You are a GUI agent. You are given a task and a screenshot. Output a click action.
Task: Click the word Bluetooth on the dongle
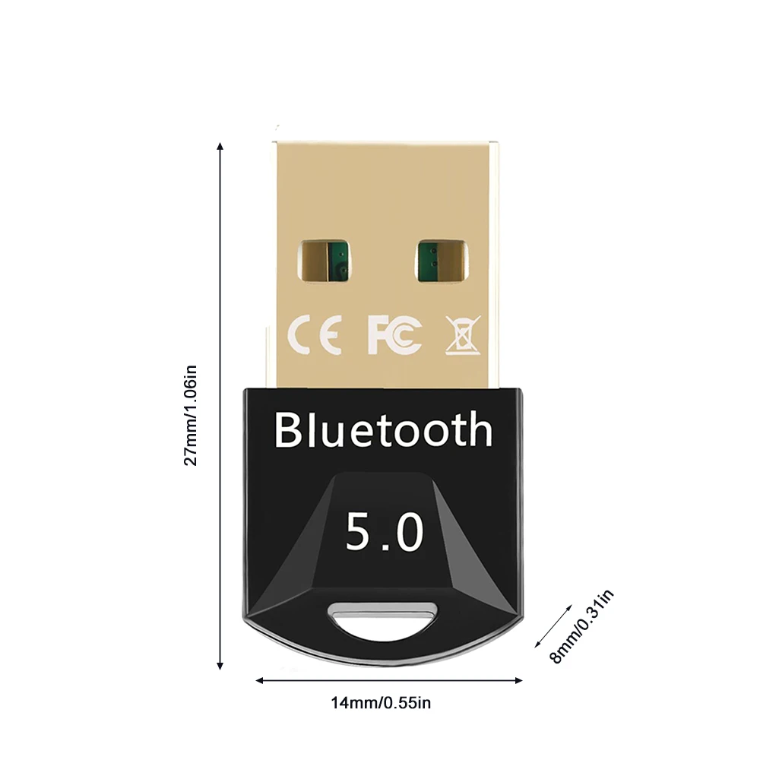(x=383, y=429)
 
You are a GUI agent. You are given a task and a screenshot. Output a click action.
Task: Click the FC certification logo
(x=394, y=335)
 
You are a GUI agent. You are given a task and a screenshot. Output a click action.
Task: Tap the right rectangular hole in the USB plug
(x=441, y=260)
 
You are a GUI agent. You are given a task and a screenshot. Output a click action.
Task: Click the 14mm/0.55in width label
(x=381, y=703)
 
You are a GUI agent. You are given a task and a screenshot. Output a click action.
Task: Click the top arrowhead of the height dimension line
(x=220, y=145)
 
